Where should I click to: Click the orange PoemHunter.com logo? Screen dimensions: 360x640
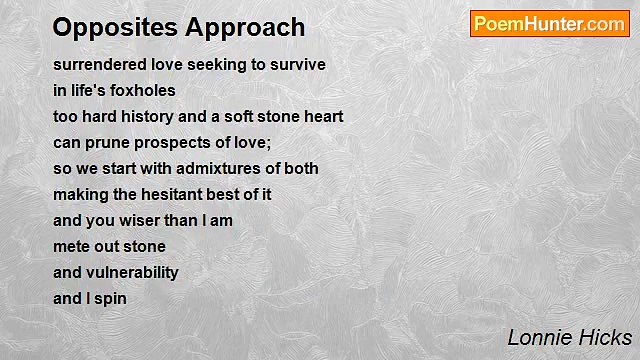click(x=549, y=24)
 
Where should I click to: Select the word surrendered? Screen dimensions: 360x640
click(x=97, y=64)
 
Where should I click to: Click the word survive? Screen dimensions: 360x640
click(x=296, y=64)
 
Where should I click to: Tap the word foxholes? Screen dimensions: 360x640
click(x=142, y=90)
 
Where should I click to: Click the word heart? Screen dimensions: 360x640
click(x=322, y=116)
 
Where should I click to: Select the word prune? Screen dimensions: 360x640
click(x=104, y=142)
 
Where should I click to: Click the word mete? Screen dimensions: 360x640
click(x=71, y=246)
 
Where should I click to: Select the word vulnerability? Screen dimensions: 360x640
click(x=133, y=272)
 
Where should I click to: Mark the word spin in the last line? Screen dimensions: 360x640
click(x=111, y=298)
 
